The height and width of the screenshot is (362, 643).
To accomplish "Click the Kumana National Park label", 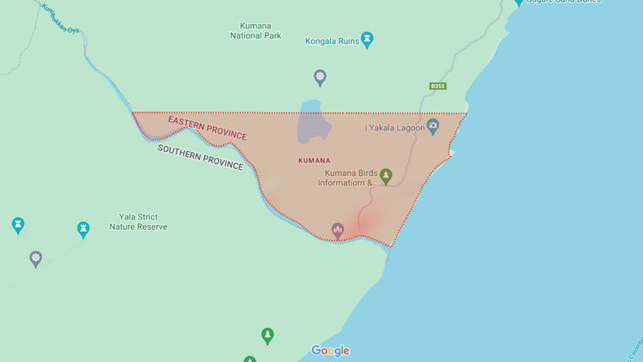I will pyautogui.click(x=255, y=31).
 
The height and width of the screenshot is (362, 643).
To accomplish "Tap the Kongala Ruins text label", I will pyautogui.click(x=332, y=40).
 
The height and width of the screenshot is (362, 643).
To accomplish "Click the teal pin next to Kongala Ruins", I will pyautogui.click(x=368, y=39).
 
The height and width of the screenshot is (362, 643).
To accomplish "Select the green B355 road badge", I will pyautogui.click(x=438, y=86).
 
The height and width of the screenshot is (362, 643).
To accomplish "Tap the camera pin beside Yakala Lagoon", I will pyautogui.click(x=433, y=126).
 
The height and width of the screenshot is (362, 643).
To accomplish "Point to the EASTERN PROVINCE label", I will pyautogui.click(x=207, y=128).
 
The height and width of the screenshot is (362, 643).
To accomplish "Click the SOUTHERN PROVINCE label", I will pyautogui.click(x=200, y=156).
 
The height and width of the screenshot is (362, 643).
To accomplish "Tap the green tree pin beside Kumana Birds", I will pyautogui.click(x=386, y=176).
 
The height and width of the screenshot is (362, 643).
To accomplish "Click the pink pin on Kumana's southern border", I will pyautogui.click(x=338, y=230).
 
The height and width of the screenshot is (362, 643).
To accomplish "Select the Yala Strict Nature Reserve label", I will pyautogui.click(x=138, y=222).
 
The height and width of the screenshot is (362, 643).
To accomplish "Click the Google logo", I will pyautogui.click(x=330, y=350).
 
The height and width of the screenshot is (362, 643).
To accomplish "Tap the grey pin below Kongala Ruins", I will pyautogui.click(x=320, y=78).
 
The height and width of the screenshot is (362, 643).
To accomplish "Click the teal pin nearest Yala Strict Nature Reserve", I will pyautogui.click(x=83, y=229).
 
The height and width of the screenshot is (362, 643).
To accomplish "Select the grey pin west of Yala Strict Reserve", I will pyautogui.click(x=35, y=258).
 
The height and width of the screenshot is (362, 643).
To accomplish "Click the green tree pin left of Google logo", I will pyautogui.click(x=267, y=335).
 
